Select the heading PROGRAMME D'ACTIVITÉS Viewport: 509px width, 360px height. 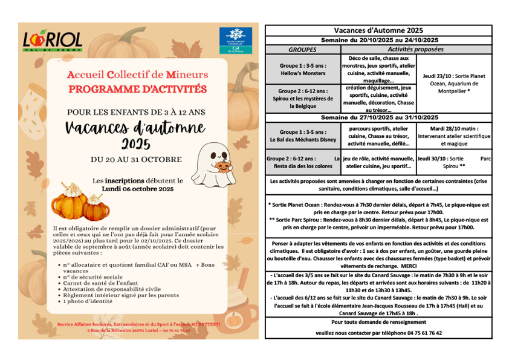137,89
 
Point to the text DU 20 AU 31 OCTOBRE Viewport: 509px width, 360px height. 136,159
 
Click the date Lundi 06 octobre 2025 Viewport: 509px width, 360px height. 137,189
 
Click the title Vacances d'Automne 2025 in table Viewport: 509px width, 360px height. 378,30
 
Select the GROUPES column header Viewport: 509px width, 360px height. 303,50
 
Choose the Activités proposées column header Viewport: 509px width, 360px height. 415,50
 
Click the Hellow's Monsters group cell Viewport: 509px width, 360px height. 303,69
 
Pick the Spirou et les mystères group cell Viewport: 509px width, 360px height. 303,98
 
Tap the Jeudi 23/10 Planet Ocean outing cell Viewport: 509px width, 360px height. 453,83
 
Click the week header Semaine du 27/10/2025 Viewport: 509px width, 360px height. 378,117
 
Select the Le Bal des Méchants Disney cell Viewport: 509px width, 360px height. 303,136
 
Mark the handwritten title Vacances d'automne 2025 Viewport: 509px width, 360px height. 137,134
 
